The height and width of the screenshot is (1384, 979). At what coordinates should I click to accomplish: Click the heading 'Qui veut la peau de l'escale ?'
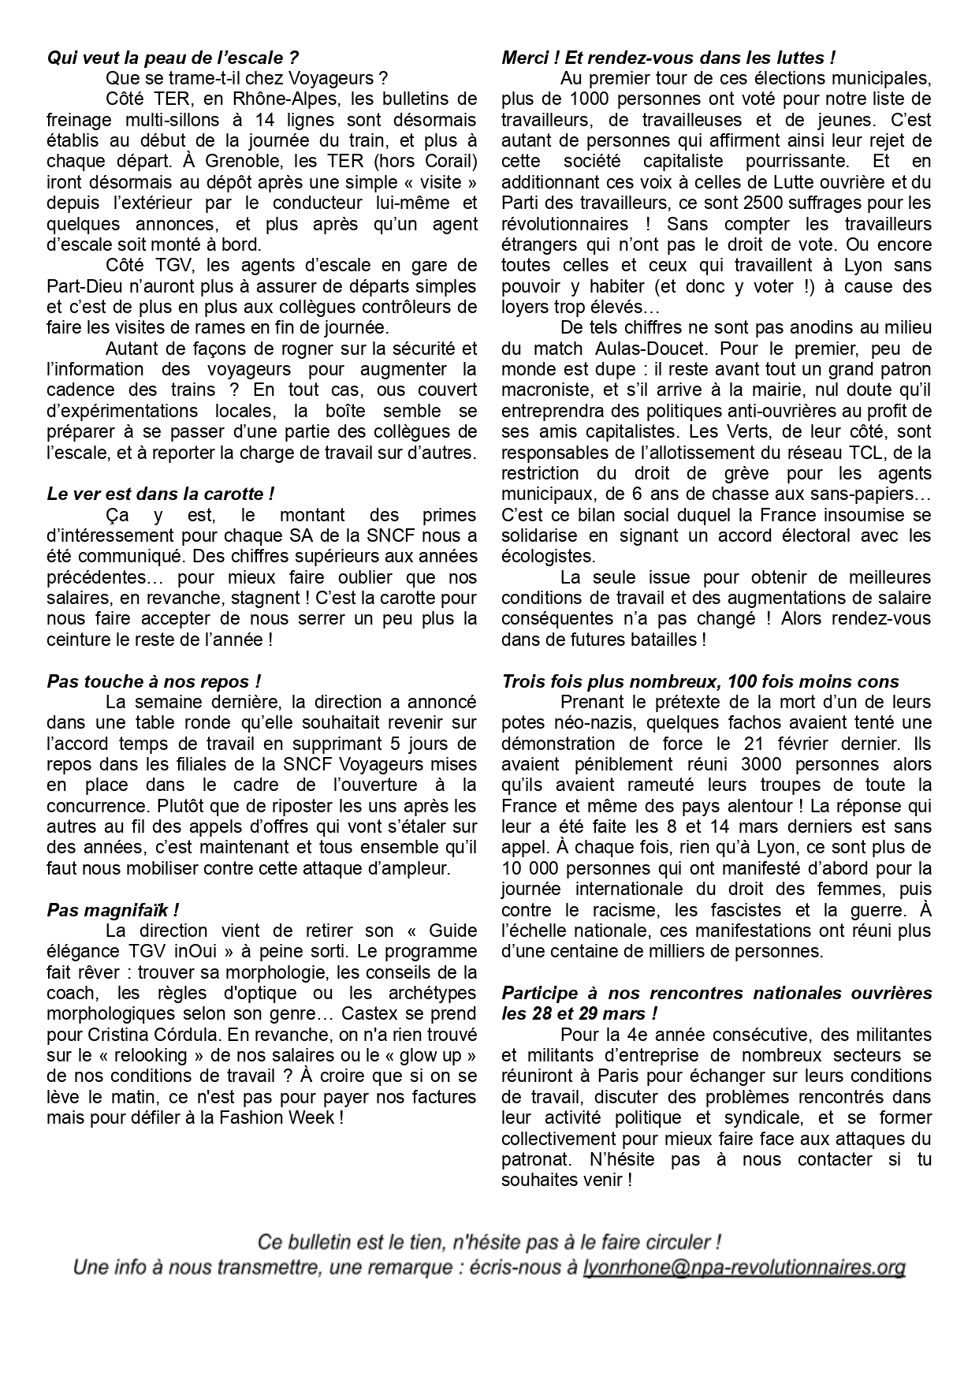click(173, 58)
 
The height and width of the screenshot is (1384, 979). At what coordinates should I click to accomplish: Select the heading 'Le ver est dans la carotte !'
click(161, 494)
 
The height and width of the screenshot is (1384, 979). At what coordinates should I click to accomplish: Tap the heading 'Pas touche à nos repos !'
click(154, 681)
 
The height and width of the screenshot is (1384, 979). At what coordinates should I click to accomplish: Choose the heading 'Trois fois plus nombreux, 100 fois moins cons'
click(700, 681)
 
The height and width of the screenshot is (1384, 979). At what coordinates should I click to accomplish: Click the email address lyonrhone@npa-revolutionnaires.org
click(743, 1267)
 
